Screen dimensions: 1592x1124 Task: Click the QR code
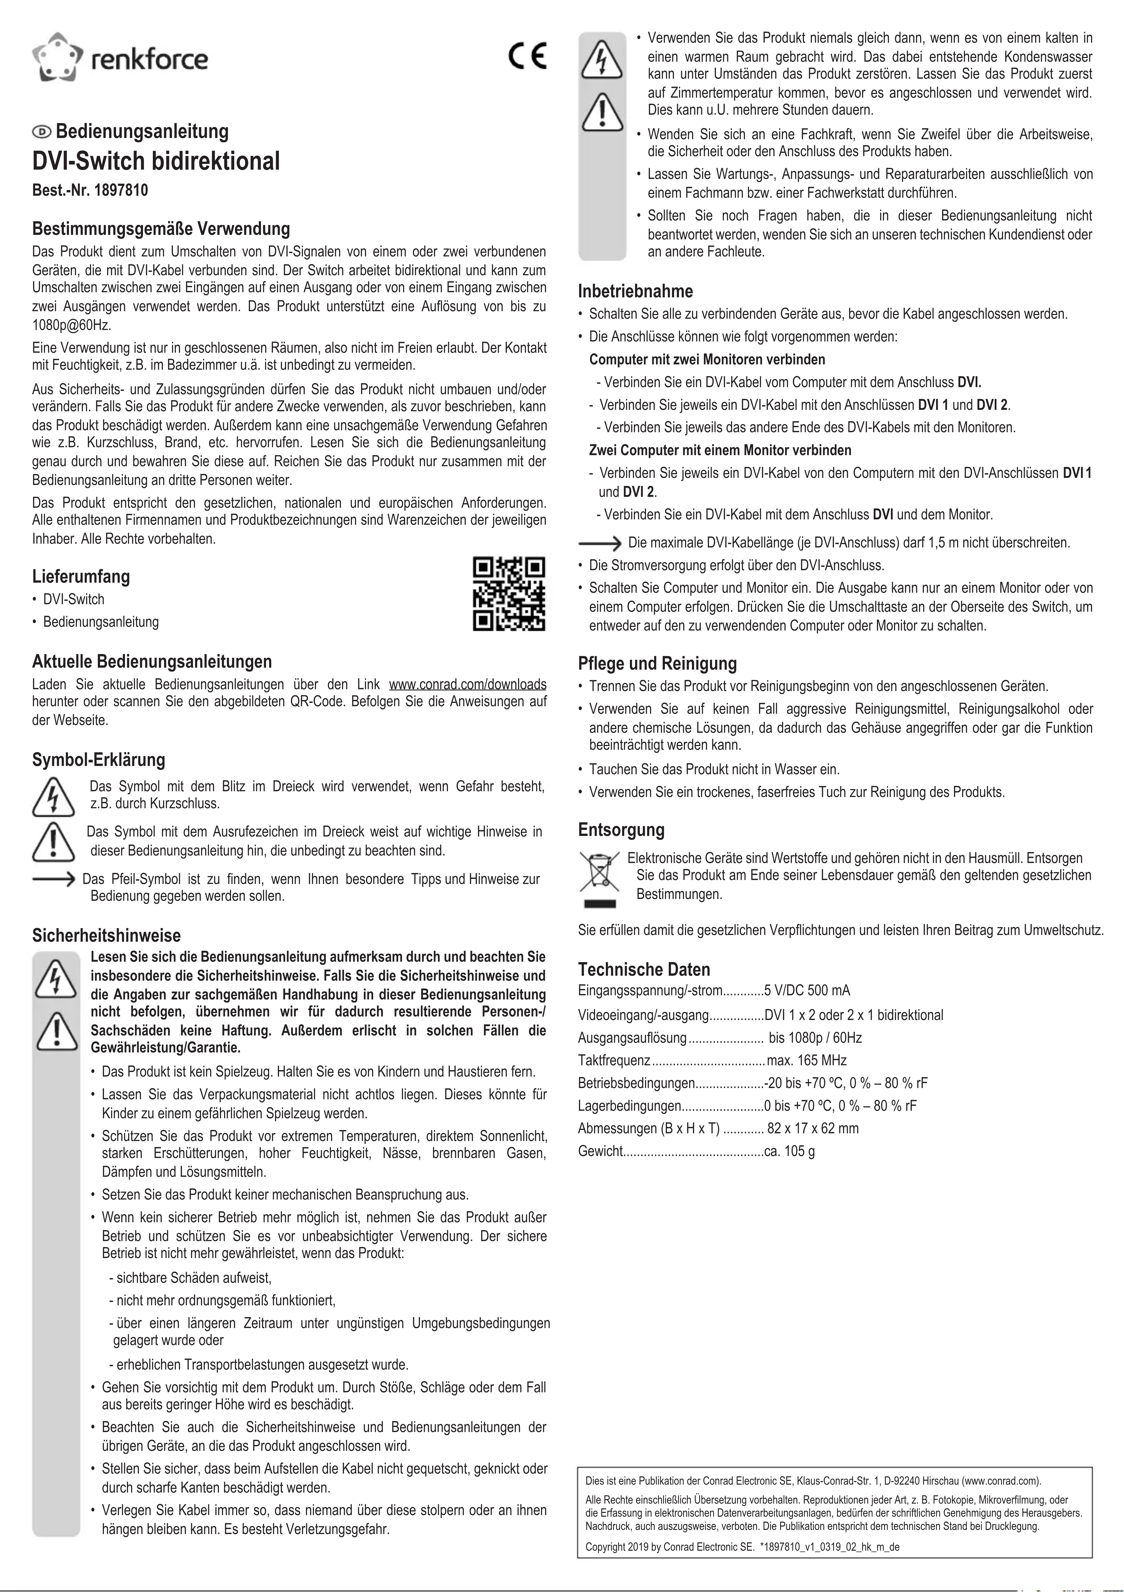pyautogui.click(x=509, y=594)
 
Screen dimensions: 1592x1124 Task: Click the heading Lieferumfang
pyautogui.click(x=81, y=576)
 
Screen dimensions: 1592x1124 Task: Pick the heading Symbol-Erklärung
pyautogui.click(x=98, y=760)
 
